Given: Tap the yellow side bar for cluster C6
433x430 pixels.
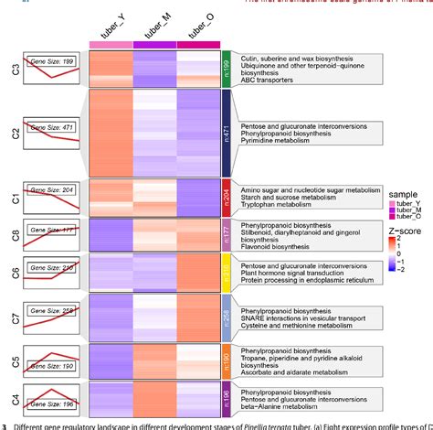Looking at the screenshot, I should (227, 272).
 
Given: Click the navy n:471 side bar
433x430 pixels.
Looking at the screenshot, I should (227, 132).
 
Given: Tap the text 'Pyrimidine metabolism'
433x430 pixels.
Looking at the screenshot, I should (283, 141).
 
